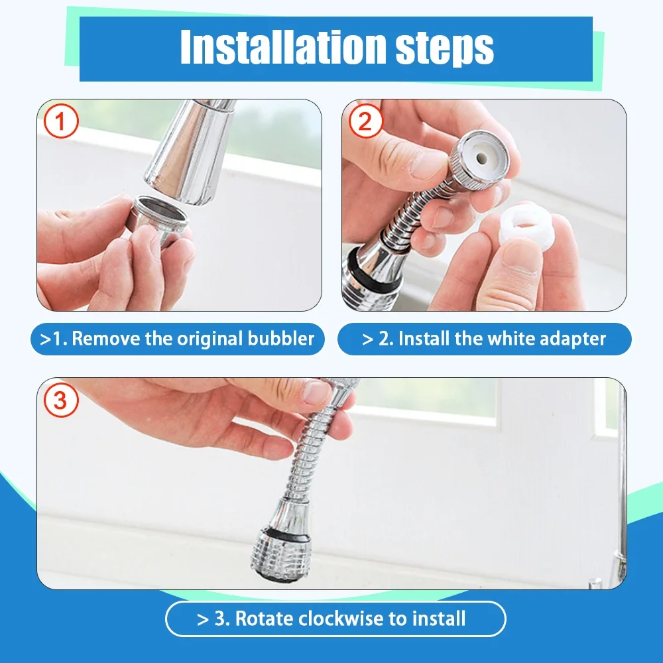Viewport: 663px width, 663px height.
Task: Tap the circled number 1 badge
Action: pos(61,123)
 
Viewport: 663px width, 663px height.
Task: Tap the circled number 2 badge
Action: pos(366,123)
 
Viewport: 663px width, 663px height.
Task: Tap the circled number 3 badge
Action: pos(61,401)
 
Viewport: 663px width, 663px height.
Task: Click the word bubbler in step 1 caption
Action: pos(279,339)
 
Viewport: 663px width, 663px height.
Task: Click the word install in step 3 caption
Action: pos(438,619)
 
